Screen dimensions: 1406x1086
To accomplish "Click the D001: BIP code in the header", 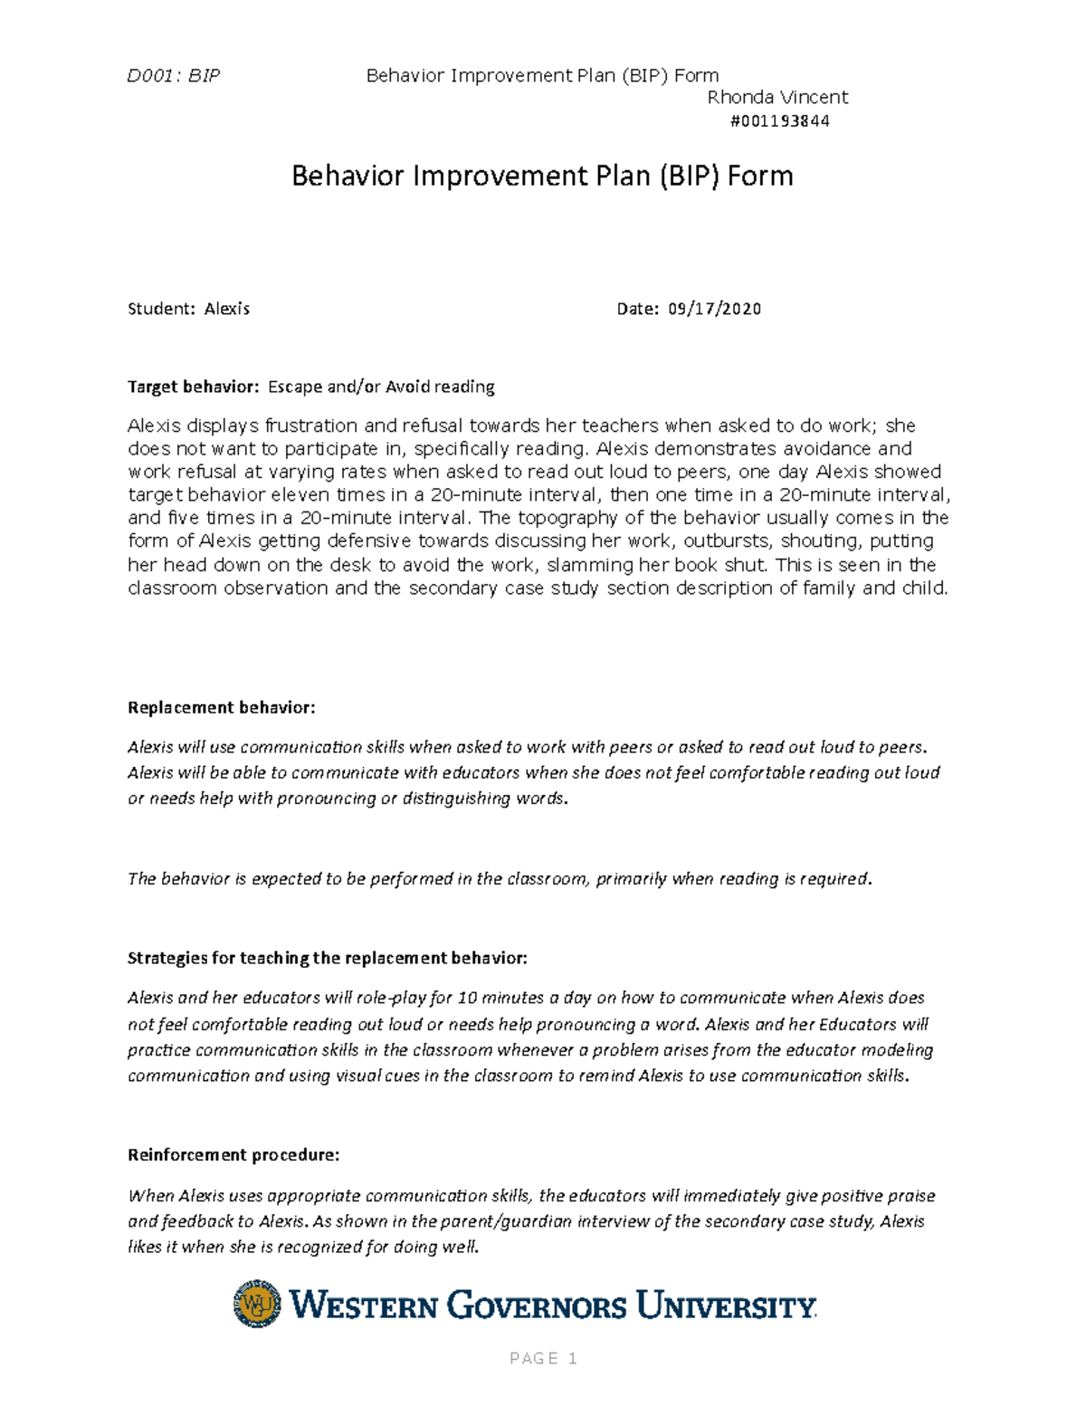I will point(174,76).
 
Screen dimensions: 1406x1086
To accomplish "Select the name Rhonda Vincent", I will point(777,98).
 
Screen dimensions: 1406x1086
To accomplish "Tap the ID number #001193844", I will point(779,121).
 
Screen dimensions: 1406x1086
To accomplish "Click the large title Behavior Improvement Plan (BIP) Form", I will point(542,176).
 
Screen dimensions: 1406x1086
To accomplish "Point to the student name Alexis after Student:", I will point(227,309).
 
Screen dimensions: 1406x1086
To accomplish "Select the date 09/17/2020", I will point(715,309).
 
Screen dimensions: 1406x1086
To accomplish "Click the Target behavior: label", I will point(194,387).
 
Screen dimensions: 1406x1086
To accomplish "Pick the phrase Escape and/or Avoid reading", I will point(381,387).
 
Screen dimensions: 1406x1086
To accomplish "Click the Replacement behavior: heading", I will point(222,708).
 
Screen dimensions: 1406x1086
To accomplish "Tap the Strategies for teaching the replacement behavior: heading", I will point(327,958).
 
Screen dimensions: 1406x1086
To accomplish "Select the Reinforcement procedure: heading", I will point(233,1155).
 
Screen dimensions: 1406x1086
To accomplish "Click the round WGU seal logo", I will point(257,1304).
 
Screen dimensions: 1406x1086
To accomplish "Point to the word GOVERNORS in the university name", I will point(537,1306).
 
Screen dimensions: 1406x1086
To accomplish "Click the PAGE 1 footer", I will point(543,1358).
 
